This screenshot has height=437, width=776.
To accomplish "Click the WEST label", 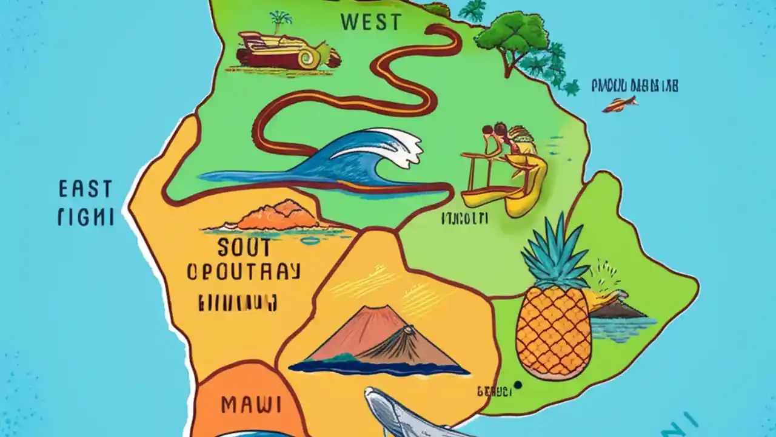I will pyautogui.click(x=370, y=22).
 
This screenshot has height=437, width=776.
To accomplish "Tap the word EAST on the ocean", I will pyautogui.click(x=85, y=189).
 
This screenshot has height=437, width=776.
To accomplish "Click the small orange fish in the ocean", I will pyautogui.click(x=620, y=104).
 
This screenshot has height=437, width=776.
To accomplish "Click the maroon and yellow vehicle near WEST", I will pyautogui.click(x=285, y=52).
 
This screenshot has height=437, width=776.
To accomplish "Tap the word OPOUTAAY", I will pyautogui.click(x=243, y=272).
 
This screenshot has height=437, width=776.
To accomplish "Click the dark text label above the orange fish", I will pyautogui.click(x=635, y=86).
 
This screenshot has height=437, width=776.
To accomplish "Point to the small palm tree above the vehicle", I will pyautogui.click(x=280, y=21).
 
